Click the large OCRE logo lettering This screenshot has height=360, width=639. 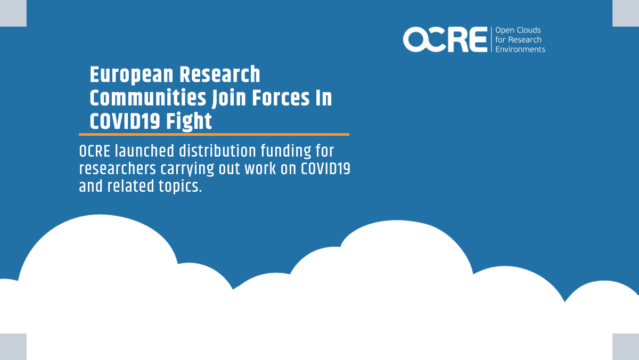pos(445,39)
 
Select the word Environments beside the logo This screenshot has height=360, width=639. pos(520,50)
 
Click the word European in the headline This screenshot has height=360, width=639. pos(132,75)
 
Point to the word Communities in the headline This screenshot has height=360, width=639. pos(148,98)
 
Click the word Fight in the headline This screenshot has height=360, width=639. pos(189,121)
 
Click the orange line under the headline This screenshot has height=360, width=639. pos(214,134)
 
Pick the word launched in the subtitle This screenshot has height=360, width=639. pos(145,151)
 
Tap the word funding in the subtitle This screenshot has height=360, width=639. pos(286,151)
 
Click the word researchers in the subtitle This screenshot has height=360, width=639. pos(117,169)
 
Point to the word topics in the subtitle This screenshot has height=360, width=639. pos(180,186)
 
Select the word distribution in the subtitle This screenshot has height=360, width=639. pos(217,151)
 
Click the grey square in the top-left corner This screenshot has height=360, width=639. pos(13,13)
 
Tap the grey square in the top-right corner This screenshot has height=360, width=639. pos(626,13)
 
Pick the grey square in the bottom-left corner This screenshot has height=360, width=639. pos(13,347)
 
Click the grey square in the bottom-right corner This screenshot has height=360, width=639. pos(626,347)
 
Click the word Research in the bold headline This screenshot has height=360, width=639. pos(219,75)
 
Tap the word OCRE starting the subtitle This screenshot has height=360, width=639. pos(95,151)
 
